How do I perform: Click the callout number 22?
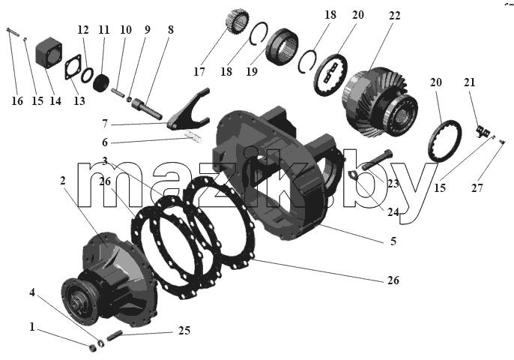point(395,16)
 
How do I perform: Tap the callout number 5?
point(393,241)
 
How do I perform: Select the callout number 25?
point(184,331)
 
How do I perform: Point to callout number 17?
point(199,71)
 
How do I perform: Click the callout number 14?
point(55,100)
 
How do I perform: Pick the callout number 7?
point(105,124)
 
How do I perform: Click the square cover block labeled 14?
point(49,52)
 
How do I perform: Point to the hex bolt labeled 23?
point(376,160)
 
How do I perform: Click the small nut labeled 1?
point(93,348)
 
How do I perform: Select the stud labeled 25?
point(115,335)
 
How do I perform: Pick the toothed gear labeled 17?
point(238,21)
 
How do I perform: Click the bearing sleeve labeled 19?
point(282,45)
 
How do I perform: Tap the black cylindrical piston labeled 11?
point(101,82)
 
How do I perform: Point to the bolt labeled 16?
point(13,31)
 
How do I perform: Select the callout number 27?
point(477,188)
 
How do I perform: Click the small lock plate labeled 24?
point(354,175)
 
